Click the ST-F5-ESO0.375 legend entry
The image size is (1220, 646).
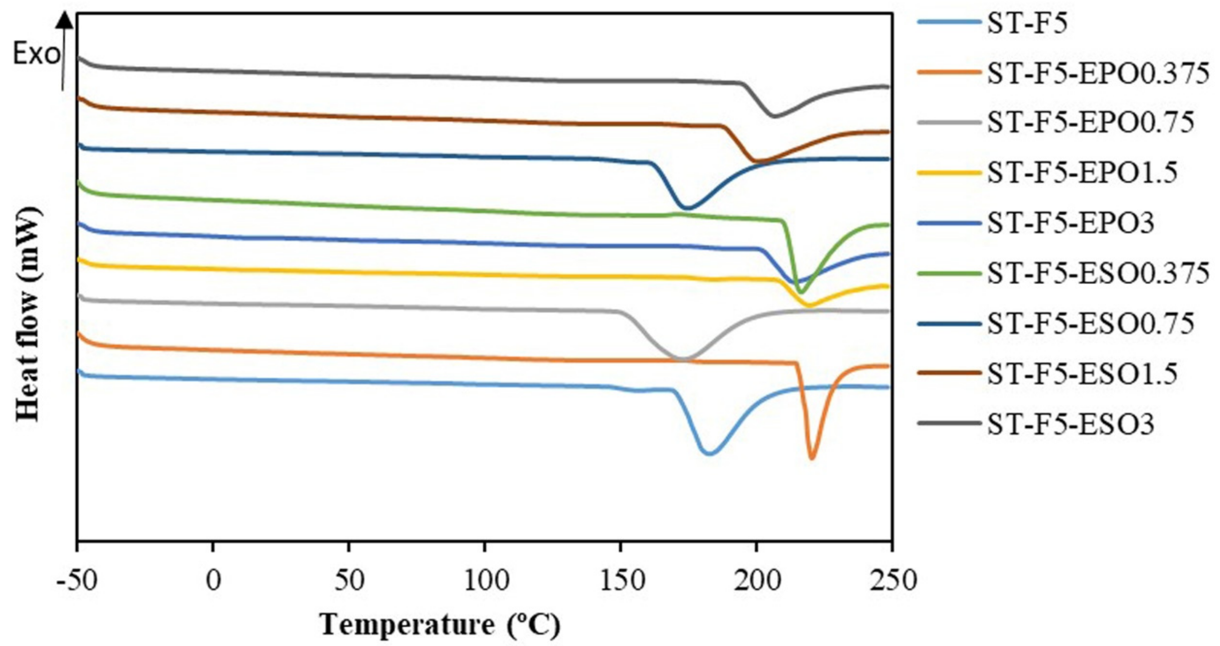click(1098, 273)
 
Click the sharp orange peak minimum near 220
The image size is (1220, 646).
click(812, 458)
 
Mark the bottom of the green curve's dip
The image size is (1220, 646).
click(801, 292)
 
